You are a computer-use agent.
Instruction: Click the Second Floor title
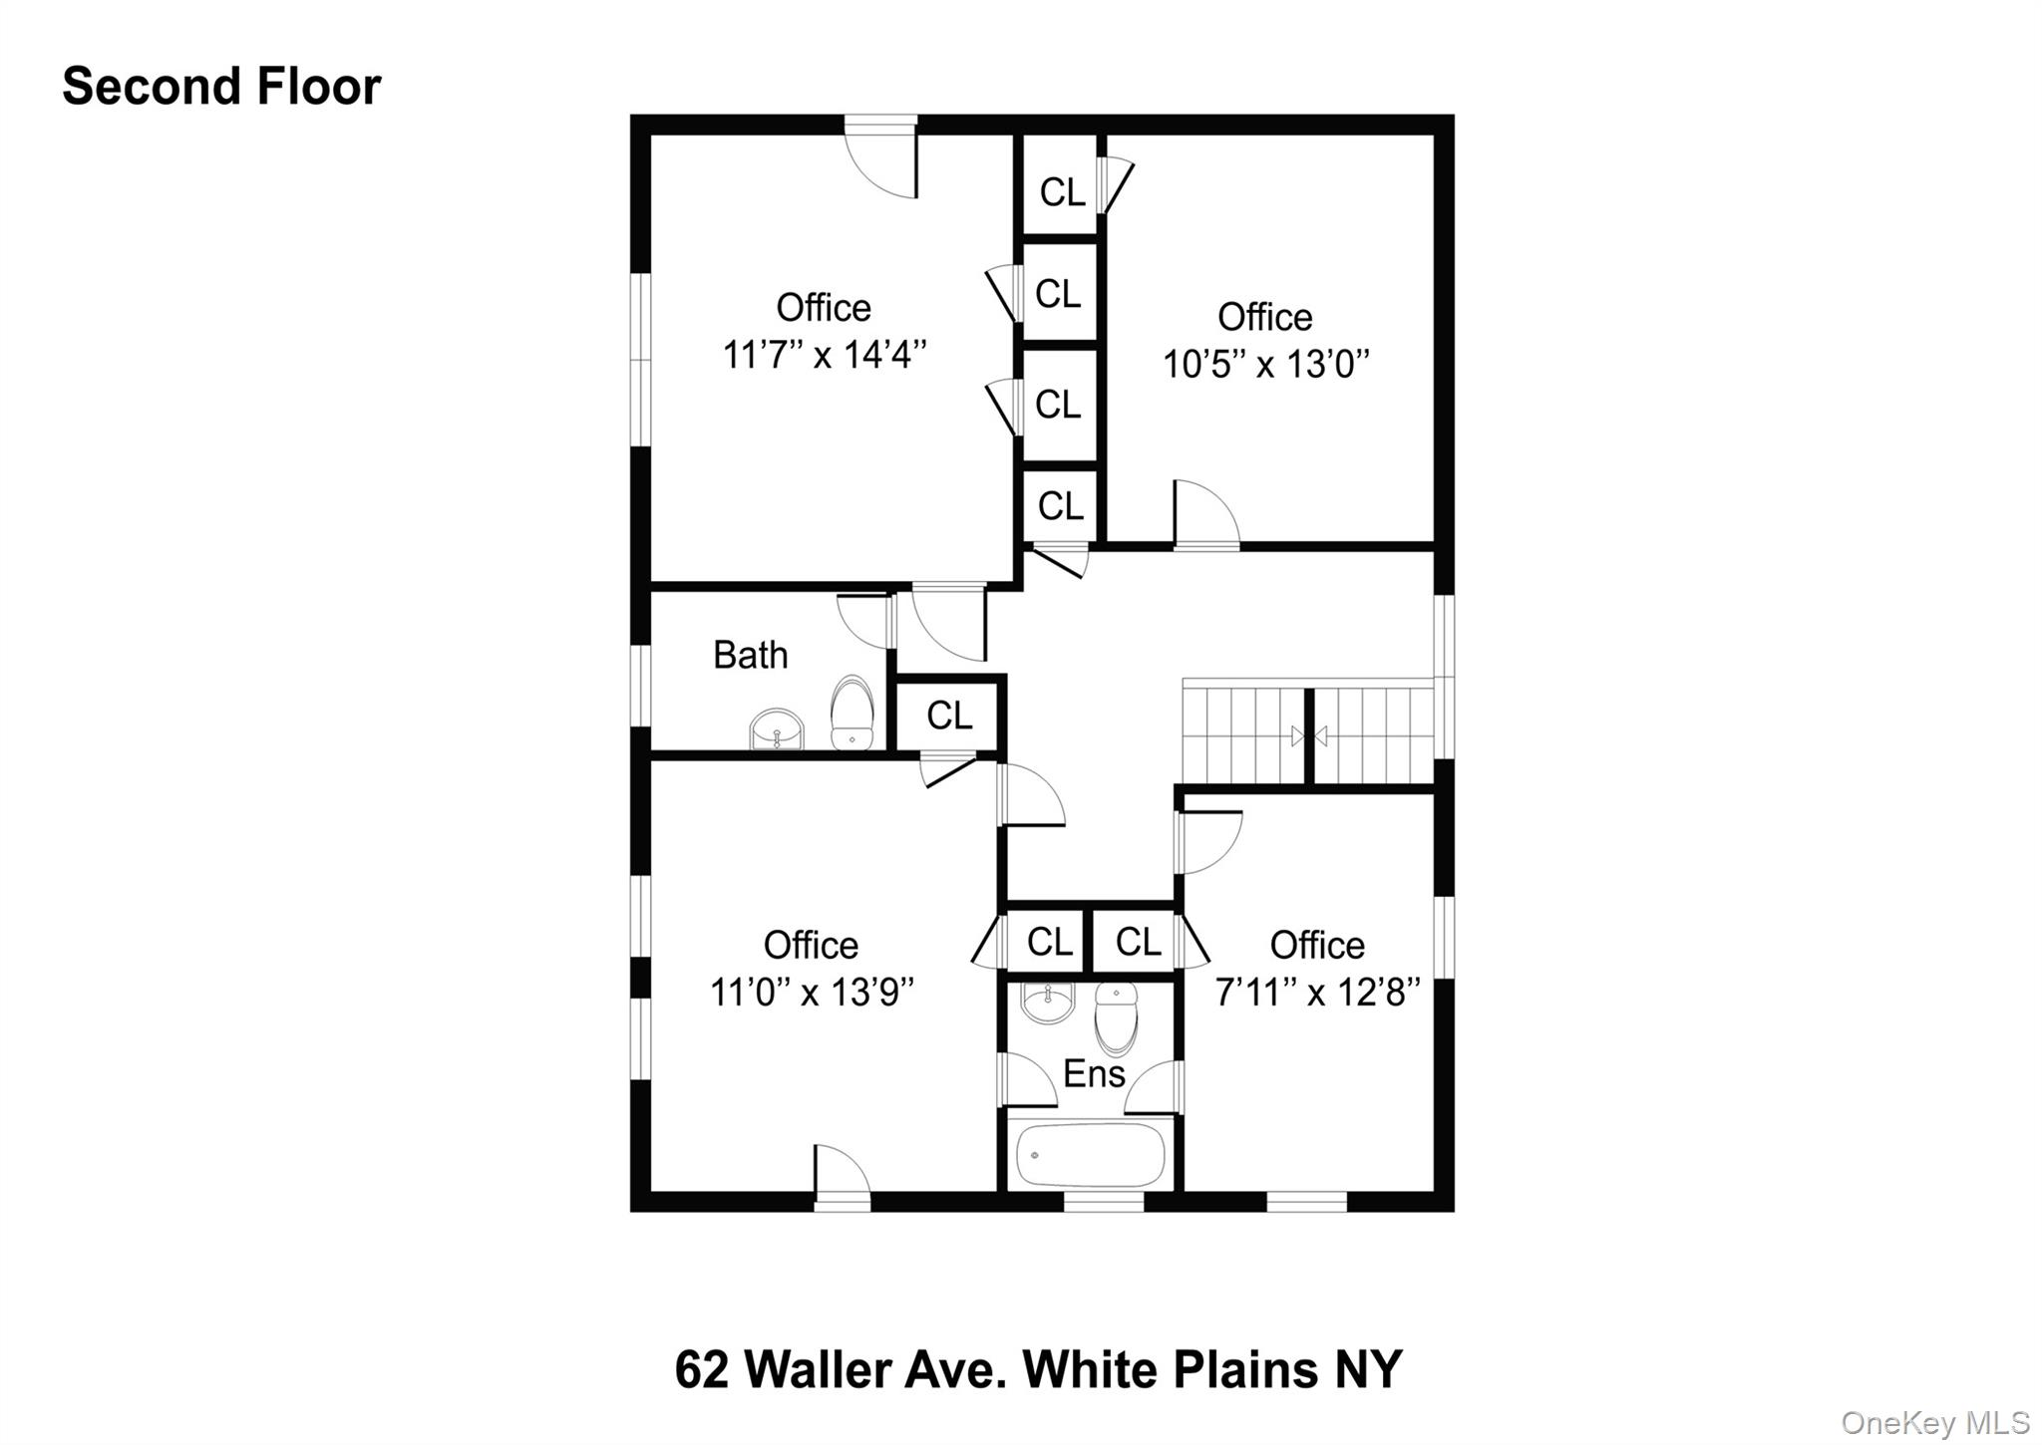(221, 87)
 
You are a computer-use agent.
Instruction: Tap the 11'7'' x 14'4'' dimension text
(824, 355)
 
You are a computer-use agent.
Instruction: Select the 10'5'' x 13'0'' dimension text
(1265, 365)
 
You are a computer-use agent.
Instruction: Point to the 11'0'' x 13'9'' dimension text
(812, 993)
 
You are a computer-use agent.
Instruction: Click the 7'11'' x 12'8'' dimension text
(1317, 993)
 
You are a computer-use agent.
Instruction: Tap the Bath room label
(750, 656)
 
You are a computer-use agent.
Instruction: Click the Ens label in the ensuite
(1094, 1074)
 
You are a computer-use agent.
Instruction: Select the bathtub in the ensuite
(1090, 1154)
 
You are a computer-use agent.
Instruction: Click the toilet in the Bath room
(851, 713)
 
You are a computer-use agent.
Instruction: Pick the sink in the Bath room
(777, 729)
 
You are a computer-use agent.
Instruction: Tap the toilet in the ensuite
(1116, 1016)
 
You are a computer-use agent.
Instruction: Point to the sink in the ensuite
(1047, 1004)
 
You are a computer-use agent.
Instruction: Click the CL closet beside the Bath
(948, 716)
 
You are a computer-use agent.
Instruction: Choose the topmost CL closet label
(1061, 192)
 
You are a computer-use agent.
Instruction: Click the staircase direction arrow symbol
(1308, 736)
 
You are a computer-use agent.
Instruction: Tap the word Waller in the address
(818, 1369)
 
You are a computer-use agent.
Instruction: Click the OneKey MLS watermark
(1934, 1422)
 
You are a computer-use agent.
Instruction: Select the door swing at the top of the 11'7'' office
(882, 161)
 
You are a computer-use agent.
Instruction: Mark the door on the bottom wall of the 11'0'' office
(842, 1174)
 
